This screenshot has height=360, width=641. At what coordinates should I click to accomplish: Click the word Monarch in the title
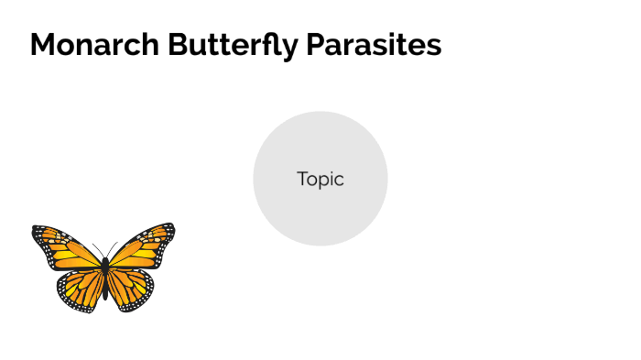click(x=95, y=45)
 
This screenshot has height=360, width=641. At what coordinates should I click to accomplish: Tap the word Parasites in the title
click(x=373, y=45)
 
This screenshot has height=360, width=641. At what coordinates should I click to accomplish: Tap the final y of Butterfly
click(x=290, y=49)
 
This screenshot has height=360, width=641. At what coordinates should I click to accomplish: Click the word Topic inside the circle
click(x=320, y=180)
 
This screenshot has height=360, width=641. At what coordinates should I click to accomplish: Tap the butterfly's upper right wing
click(x=143, y=245)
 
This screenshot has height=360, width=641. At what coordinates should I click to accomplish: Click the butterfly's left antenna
click(x=97, y=249)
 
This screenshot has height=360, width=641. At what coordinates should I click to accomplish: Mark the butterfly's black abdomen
click(x=104, y=285)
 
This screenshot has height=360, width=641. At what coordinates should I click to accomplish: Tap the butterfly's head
click(x=104, y=260)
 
